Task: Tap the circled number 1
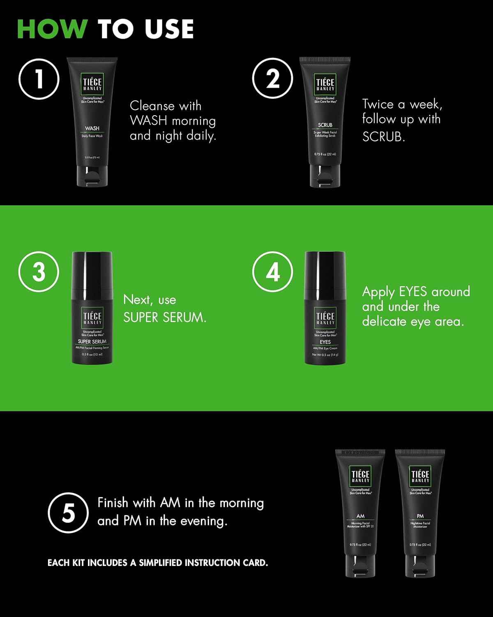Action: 39,79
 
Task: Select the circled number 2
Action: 272,79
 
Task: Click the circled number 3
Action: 39,272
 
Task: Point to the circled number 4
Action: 272,272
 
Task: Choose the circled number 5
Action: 68,513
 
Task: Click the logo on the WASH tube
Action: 92,84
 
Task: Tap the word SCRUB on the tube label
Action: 325,125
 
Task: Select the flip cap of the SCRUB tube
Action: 325,176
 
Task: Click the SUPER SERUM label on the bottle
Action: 92,341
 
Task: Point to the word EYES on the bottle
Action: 325,342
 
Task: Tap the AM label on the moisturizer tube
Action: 360,516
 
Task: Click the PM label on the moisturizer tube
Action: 420,516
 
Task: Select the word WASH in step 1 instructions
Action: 148,121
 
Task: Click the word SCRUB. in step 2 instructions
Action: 384,137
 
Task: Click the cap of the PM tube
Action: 420,566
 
